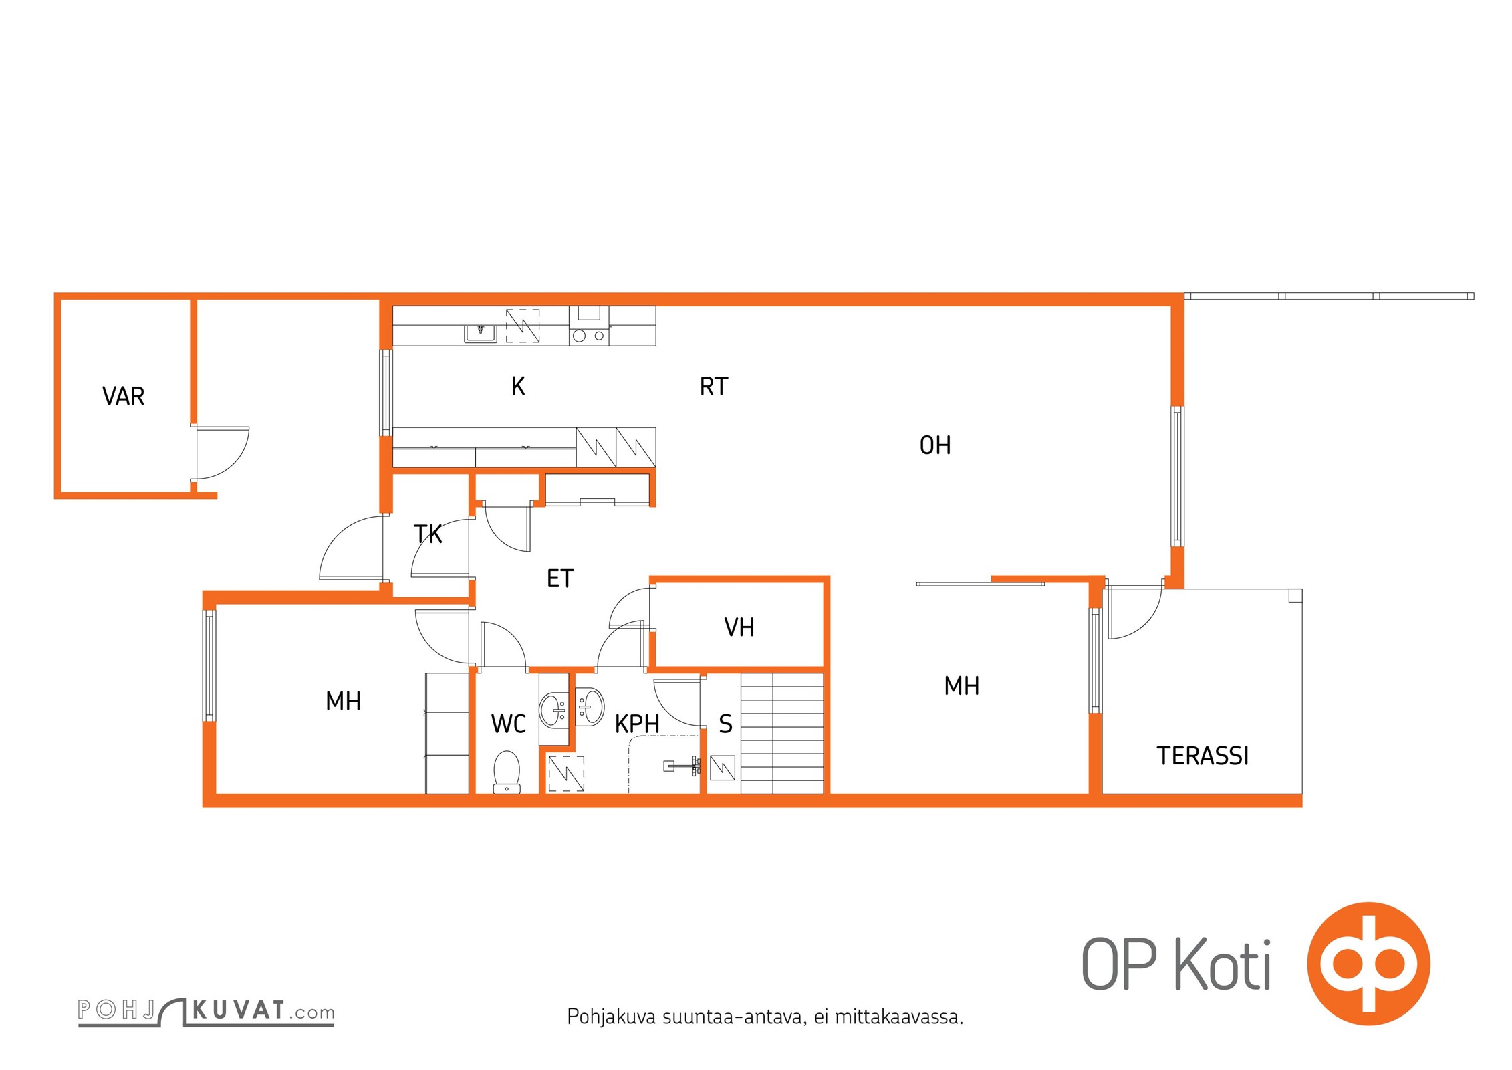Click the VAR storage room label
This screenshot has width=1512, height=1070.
(x=123, y=396)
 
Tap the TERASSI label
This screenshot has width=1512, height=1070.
(x=1203, y=756)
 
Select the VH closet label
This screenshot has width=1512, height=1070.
(x=739, y=627)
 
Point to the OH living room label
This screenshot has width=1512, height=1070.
(x=935, y=445)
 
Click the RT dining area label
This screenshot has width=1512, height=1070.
(x=713, y=387)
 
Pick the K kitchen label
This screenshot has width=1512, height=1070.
(x=518, y=387)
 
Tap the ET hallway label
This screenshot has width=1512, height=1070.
(x=560, y=578)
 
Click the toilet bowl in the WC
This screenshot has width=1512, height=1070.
(x=507, y=772)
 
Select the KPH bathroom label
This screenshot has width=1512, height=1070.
(x=637, y=724)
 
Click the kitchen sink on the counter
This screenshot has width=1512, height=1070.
(x=481, y=332)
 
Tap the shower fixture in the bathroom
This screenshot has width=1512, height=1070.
(x=682, y=766)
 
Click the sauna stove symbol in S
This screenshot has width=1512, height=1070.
(x=723, y=768)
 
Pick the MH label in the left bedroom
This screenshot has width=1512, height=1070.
(x=343, y=701)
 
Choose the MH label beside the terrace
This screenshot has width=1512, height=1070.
(x=962, y=686)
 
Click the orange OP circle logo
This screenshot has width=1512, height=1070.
(x=1368, y=964)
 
